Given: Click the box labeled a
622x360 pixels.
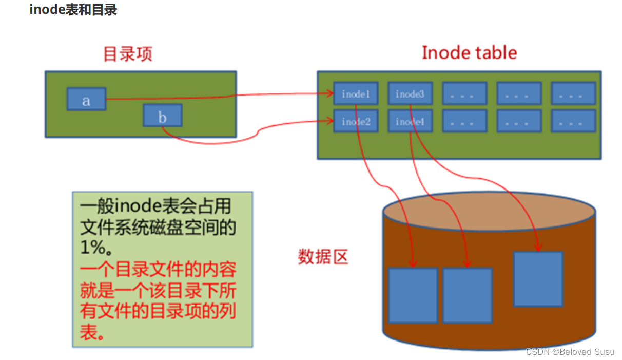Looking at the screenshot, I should coord(86,99).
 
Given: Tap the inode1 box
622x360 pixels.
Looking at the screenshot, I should coord(356,94).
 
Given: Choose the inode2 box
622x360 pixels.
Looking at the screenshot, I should coord(356,122).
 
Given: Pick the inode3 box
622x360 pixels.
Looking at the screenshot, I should coord(410,94).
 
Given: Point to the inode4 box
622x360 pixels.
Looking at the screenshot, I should coord(410,122).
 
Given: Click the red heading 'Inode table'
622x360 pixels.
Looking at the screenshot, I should coord(469,52).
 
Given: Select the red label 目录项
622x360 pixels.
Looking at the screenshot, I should coord(128,53).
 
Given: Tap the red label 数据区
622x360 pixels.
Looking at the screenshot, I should coord(323,256).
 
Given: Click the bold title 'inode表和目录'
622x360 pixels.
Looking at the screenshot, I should coord(73,10).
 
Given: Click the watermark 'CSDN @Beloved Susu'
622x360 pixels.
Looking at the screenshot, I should coord(570,351).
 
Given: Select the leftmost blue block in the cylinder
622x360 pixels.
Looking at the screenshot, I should coord(413,295).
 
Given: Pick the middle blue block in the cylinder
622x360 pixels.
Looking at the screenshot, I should coord(468,295).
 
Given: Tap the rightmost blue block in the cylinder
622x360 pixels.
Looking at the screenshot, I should coord(538,279).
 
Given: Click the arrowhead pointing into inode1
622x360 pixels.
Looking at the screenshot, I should coord(331,93).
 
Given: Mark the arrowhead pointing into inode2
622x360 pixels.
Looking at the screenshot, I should coord(331,121).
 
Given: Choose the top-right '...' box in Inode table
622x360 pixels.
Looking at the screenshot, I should coord(573,94).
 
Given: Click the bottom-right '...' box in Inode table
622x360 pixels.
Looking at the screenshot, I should coord(573,122).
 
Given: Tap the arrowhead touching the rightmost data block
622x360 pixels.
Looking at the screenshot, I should coord(538,248).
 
